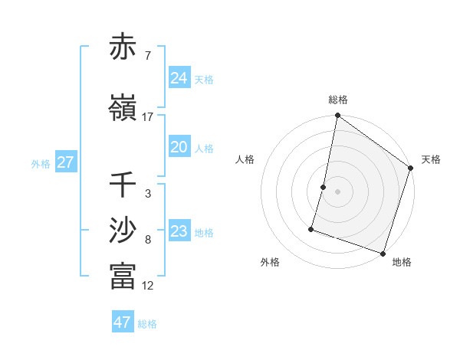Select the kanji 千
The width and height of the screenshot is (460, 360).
pyautogui.click(x=123, y=185)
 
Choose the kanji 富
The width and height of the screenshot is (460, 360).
pyautogui.click(x=123, y=276)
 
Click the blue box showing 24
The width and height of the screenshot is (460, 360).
pyautogui.click(x=179, y=78)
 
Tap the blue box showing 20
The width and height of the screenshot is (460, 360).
pyautogui.click(x=179, y=147)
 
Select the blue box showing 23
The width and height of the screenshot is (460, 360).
pyautogui.click(x=179, y=231)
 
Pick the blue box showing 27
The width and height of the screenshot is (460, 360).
pyautogui.click(x=65, y=162)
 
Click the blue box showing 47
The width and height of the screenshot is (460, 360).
pyautogui.click(x=122, y=322)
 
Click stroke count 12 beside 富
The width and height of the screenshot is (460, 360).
pyautogui.click(x=148, y=286)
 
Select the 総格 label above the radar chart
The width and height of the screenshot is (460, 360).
pyautogui.click(x=338, y=100)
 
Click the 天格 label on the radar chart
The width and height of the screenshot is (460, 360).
pyautogui.click(x=431, y=159)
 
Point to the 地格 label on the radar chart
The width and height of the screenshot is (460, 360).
pyautogui.click(x=402, y=262)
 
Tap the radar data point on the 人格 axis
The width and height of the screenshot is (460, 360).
pyautogui.click(x=324, y=187)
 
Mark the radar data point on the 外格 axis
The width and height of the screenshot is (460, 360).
pyautogui.click(x=312, y=228)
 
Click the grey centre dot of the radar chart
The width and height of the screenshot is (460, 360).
pyautogui.click(x=337, y=191)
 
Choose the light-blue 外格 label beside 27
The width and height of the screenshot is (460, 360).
pyautogui.click(x=41, y=163)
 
